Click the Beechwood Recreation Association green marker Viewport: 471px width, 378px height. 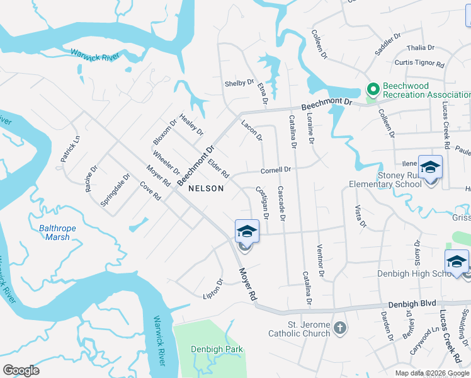click(372, 90)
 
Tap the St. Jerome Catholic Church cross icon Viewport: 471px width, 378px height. click(339, 328)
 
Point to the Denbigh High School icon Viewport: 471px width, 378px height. click(456, 261)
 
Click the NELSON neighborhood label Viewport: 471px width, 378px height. click(205, 188)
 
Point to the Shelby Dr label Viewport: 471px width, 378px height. click(239, 83)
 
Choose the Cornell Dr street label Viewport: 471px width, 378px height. click(276, 170)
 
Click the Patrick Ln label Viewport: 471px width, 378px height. click(71, 149)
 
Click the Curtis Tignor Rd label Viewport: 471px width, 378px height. click(419, 63)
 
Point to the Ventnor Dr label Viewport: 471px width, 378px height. click(321, 261)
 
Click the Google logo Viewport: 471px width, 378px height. click(21, 370)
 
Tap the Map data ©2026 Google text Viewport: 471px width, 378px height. click(432, 373)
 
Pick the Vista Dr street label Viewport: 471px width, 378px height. click(360, 215)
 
